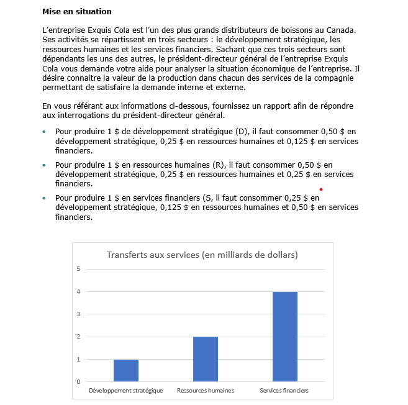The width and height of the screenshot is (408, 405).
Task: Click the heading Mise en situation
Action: [x=78, y=12]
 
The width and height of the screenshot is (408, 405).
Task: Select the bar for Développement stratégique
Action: [x=126, y=371]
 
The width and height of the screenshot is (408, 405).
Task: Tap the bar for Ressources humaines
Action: [x=206, y=359]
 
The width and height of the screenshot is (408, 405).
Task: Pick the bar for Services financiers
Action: [x=285, y=337]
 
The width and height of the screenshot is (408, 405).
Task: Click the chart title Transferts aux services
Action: [x=202, y=255]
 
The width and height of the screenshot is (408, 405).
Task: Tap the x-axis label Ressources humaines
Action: [x=206, y=391]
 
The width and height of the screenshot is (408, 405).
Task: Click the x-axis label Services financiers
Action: [x=284, y=391]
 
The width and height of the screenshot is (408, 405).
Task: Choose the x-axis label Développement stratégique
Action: [x=126, y=391]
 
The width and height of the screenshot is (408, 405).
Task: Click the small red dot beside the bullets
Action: [x=321, y=189]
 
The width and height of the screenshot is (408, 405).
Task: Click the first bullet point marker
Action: [x=44, y=132]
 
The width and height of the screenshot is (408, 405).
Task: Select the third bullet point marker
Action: [x=44, y=199]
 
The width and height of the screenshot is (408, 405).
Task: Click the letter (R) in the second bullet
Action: [x=218, y=165]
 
